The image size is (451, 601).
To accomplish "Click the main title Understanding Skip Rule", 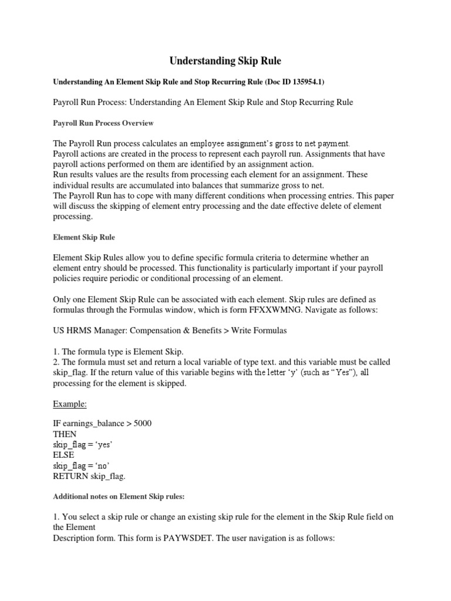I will (x=225, y=60).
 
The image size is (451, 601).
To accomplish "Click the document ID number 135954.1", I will (x=304, y=83).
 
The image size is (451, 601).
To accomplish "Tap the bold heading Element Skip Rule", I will (x=84, y=237).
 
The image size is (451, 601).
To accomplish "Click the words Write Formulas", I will (x=258, y=330).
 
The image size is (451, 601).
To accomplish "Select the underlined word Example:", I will (x=69, y=404).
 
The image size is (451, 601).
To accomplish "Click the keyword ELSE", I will (x=64, y=455).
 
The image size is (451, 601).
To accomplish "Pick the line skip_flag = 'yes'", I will (x=82, y=445).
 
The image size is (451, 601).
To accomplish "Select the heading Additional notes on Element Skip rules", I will (x=119, y=497).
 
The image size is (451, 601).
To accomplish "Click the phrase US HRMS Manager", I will (x=87, y=330).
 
